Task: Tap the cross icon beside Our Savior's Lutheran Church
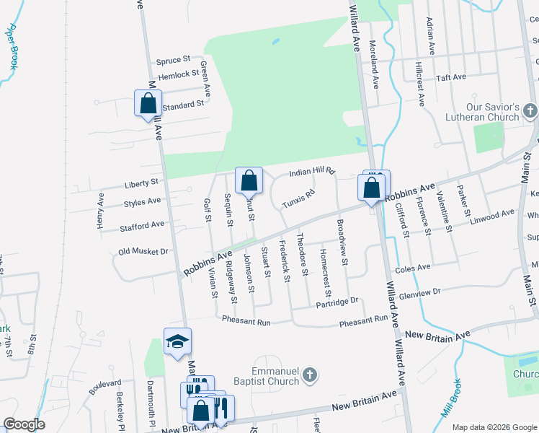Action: click(x=530, y=110)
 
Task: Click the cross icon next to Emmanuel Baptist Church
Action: click(x=309, y=375)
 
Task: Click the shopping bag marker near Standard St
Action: click(x=148, y=103)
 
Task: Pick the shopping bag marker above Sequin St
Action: click(x=249, y=181)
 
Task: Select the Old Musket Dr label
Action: click(x=143, y=252)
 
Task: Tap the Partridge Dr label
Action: click(x=337, y=304)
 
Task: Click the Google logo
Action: click(x=24, y=424)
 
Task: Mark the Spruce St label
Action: click(x=173, y=59)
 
